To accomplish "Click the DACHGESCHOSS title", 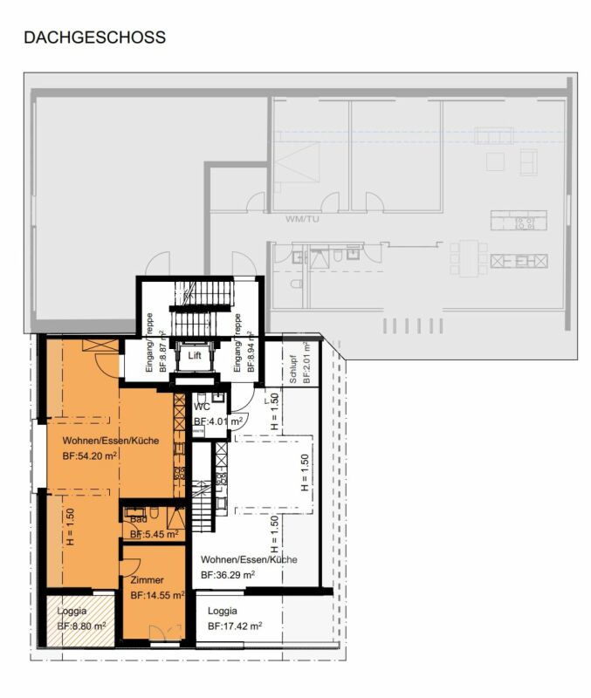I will click(94, 38).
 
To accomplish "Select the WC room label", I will click(203, 407).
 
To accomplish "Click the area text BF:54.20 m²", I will click(91, 456).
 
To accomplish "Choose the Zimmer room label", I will click(147, 579).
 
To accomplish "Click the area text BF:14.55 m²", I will click(157, 595).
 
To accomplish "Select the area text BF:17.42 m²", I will click(235, 626).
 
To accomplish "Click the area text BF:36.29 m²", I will click(228, 575).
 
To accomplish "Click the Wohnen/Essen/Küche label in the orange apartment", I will click(110, 441).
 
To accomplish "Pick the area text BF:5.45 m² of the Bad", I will click(155, 534).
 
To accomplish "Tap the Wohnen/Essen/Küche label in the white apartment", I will click(249, 559).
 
